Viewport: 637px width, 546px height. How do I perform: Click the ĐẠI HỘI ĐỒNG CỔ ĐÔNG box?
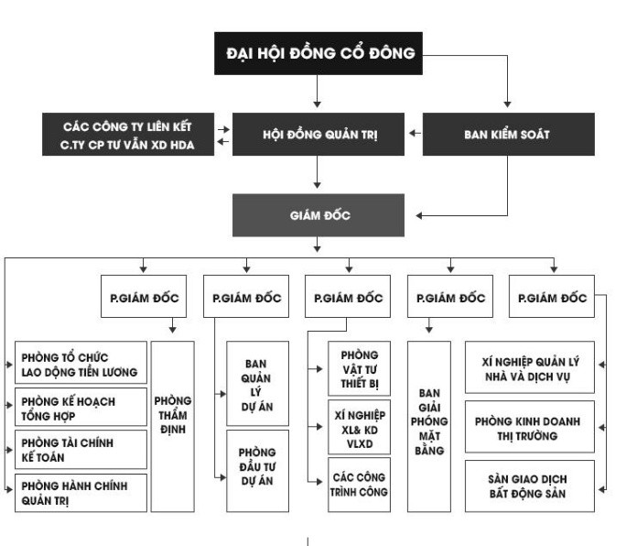coord(319,54)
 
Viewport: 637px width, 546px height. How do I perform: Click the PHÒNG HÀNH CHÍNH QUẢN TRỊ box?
coord(81,492)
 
